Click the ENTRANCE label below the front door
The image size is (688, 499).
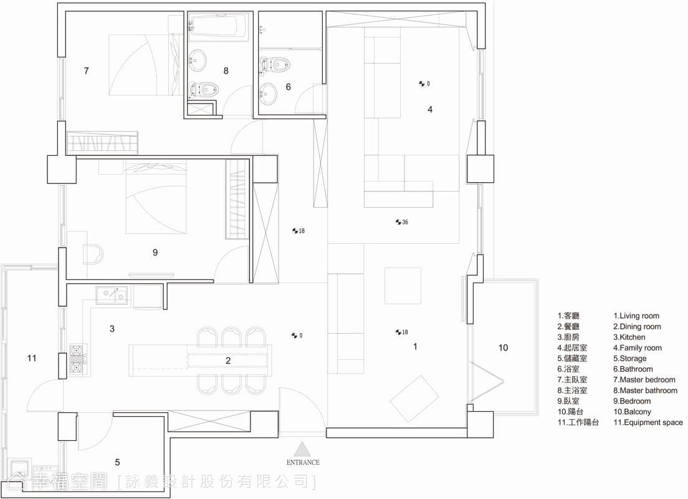(303, 462)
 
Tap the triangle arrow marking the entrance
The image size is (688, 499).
(302, 449)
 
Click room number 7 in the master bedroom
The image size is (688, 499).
(87, 70)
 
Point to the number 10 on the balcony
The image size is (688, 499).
(503, 347)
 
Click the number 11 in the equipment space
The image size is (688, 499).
(32, 358)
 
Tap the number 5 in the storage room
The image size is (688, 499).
(117, 462)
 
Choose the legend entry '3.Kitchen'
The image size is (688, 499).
(629, 337)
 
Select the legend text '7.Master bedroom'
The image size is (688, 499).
(644, 379)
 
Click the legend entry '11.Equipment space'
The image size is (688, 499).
(648, 422)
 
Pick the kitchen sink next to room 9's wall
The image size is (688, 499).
(112, 295)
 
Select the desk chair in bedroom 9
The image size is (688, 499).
(93, 254)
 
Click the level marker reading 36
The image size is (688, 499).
(401, 222)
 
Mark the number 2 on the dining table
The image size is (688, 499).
(228, 361)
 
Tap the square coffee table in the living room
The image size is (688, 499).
(403, 286)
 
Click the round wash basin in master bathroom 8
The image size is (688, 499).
(198, 60)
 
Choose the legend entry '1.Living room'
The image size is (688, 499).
(636, 316)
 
